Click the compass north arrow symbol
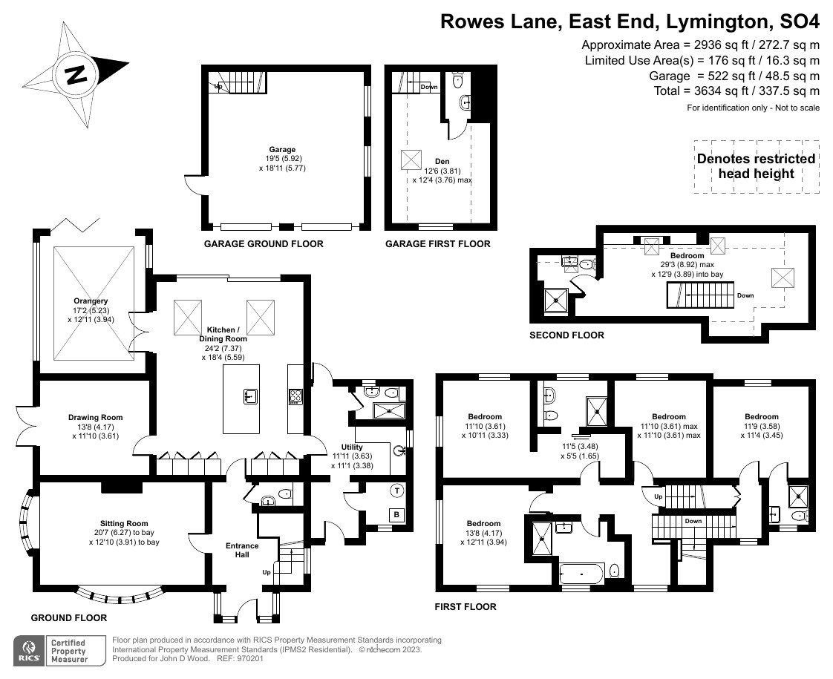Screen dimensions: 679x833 (76, 74)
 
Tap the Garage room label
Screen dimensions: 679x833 (282, 149)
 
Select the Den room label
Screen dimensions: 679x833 (442, 161)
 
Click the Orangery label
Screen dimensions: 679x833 (86, 301)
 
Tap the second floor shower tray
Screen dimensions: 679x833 (556, 300)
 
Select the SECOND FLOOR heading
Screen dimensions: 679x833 (566, 335)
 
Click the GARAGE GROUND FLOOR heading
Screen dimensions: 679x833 (264, 244)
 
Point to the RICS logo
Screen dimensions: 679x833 (28, 651)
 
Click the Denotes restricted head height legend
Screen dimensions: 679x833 (756, 166)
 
